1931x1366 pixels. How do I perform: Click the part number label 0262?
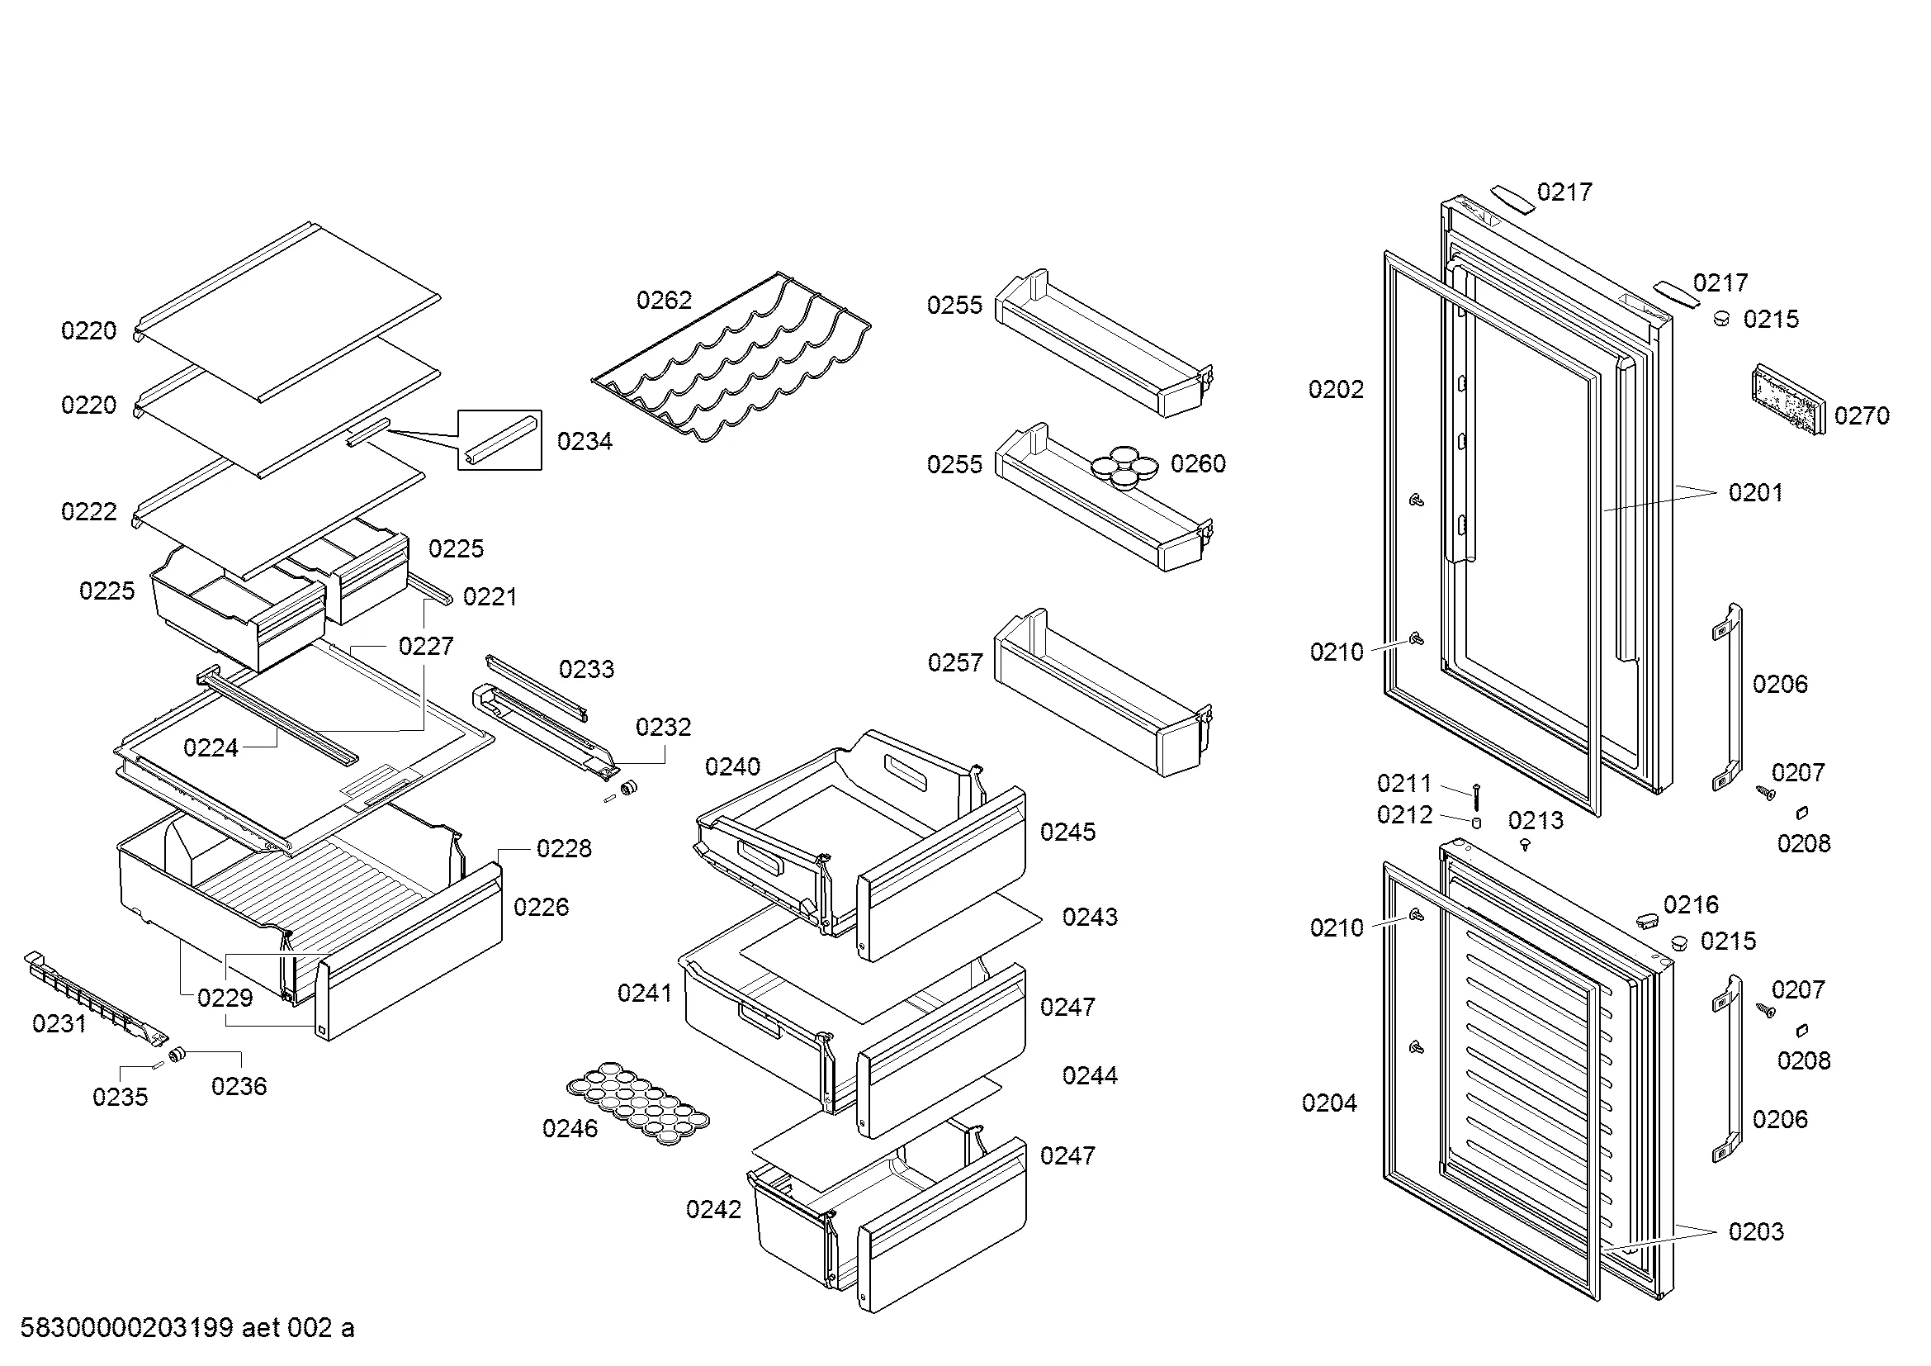(664, 301)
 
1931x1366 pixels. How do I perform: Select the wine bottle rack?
(731, 358)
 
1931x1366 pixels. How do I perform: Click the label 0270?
(1861, 415)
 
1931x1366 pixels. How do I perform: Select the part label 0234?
(585, 442)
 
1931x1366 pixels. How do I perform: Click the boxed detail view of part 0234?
(499, 440)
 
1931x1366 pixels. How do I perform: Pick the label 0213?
(1535, 820)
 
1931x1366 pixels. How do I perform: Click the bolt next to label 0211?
(1476, 795)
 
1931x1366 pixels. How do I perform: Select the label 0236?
(239, 1086)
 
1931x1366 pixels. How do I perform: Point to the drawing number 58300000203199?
(126, 1327)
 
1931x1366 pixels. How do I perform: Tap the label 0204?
(1329, 1103)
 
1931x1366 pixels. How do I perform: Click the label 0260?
(1198, 463)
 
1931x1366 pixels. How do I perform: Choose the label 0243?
(1089, 917)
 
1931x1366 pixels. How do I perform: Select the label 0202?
(1336, 390)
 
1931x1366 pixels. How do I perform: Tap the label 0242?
(713, 1210)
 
